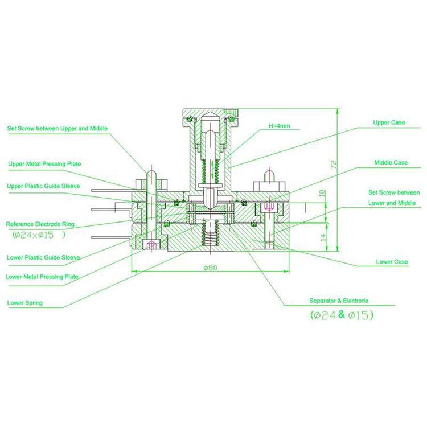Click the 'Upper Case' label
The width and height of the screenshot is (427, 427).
[390, 122]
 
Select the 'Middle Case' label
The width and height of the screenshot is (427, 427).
[391, 162]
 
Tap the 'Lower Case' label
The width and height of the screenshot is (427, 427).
[392, 262]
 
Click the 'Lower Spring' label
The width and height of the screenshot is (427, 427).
[24, 303]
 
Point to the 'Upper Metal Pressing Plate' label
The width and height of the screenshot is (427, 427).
[44, 164]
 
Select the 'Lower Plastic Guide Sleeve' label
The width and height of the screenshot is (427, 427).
[43, 257]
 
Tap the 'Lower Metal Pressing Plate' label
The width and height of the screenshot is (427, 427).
[42, 277]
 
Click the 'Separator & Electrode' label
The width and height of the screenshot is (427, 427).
[339, 300]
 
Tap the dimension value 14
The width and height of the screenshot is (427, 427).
[323, 237]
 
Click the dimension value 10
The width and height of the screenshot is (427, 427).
[323, 194]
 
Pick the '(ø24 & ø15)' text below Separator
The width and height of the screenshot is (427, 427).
[342, 314]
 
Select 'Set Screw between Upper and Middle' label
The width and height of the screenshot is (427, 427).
[57, 129]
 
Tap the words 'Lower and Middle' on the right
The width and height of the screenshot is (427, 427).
[392, 203]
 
